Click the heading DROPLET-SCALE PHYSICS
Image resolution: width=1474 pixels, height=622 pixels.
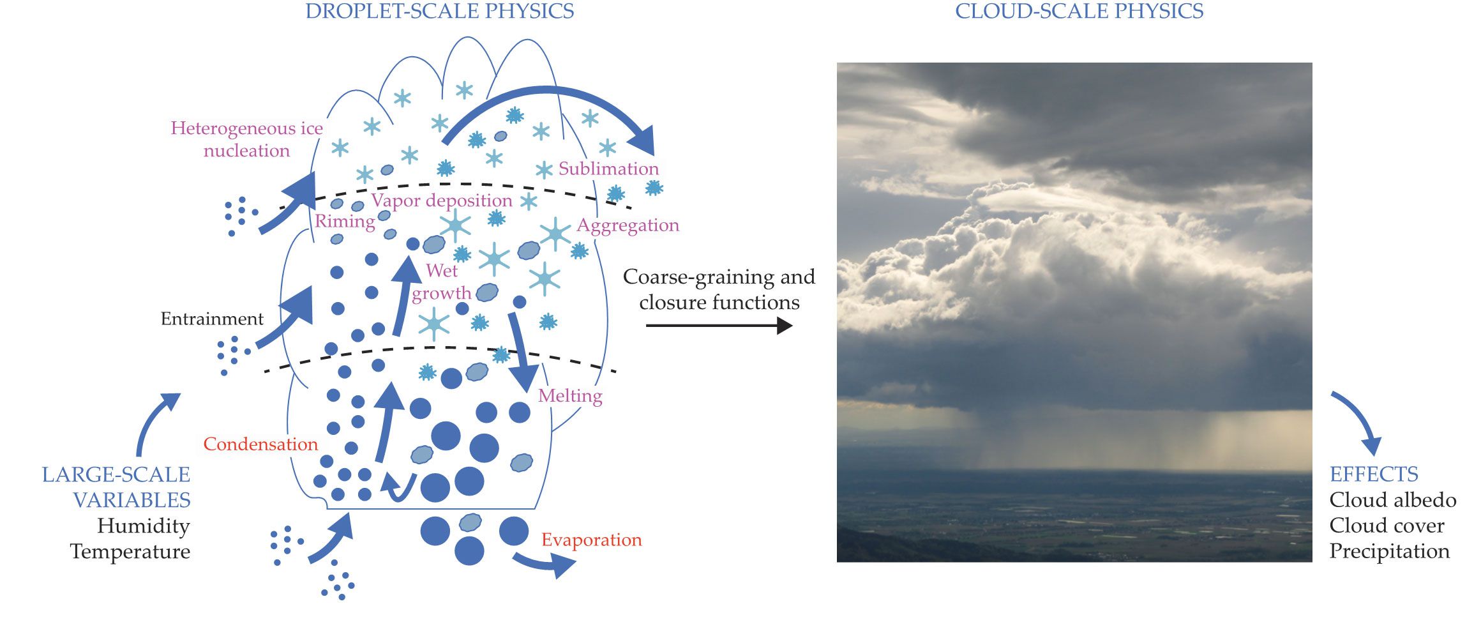pos(439,11)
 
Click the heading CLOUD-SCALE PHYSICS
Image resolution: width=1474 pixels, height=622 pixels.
pos(1079,11)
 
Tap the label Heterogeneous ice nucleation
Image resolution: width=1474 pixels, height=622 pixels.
pos(247,139)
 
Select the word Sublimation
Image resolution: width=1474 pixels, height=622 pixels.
pos(608,169)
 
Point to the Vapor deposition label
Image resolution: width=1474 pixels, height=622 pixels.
pos(442,201)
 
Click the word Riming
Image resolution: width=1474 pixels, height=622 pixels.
pos(345,222)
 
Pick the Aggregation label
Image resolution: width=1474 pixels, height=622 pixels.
pos(628,225)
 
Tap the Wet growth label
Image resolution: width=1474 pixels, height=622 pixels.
pos(442,282)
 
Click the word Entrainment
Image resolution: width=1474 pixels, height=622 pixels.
pos(212,319)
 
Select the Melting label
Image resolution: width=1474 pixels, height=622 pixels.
pos(570,396)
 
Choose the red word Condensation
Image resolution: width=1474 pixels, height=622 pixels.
pos(260,444)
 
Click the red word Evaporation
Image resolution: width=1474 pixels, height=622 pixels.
pos(592,540)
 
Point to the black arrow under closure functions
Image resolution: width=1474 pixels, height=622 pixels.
pos(719,326)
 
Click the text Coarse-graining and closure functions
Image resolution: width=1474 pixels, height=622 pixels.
pos(719,289)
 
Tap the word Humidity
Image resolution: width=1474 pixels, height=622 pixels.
pos(144,526)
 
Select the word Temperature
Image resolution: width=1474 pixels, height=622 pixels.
pos(130,552)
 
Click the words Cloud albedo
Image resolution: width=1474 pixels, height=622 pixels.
pos(1393,500)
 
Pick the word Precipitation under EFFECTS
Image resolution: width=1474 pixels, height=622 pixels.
pos(1390,551)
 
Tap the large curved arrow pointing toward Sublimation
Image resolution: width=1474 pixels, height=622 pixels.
pos(549,97)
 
